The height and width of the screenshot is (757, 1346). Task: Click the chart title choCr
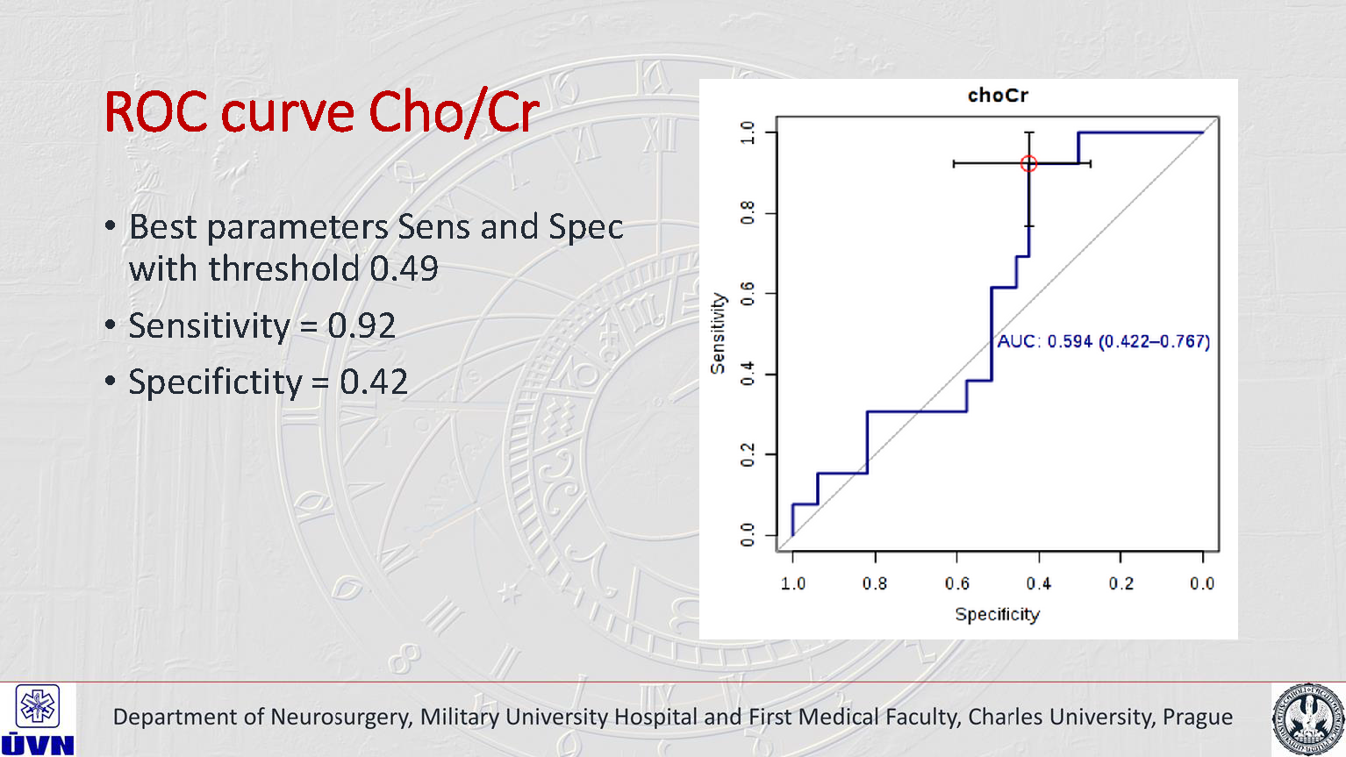[998, 96]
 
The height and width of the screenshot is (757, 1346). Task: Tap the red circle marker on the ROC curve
[1029, 164]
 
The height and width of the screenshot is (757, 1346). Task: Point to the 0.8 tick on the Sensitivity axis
[748, 212]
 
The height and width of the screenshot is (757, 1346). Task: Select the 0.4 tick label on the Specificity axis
[1039, 583]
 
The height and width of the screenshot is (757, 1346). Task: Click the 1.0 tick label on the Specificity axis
[793, 583]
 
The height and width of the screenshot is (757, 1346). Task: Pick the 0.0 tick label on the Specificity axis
[1202, 583]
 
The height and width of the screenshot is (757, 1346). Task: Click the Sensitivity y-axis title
[719, 333]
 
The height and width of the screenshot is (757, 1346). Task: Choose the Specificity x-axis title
[997, 614]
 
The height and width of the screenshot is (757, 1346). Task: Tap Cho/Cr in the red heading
[453, 113]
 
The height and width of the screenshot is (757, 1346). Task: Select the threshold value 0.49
[404, 268]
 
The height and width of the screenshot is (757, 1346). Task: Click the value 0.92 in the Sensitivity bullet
[362, 325]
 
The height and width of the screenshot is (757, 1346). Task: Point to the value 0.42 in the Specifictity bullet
[374, 382]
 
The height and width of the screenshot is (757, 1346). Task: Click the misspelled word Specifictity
[215, 382]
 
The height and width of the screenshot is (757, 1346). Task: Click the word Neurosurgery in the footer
[340, 717]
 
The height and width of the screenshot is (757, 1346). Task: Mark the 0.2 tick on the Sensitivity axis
[748, 455]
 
